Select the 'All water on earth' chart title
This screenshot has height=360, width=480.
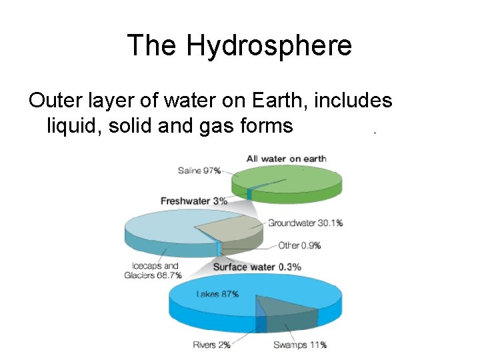point(286,159)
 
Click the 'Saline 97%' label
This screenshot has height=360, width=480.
point(199,171)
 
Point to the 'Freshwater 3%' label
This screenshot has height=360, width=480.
point(194,201)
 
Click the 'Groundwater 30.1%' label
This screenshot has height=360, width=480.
point(305,223)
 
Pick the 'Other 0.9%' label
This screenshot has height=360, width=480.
point(299,245)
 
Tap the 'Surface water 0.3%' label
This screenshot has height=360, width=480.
point(257,267)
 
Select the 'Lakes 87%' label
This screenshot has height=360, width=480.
point(217,294)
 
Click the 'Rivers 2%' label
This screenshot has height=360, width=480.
point(211,345)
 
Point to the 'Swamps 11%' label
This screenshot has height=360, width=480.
point(300,345)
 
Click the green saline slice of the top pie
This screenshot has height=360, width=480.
point(293,179)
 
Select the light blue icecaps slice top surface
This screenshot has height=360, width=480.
point(163,223)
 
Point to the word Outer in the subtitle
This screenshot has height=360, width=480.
point(55,101)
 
